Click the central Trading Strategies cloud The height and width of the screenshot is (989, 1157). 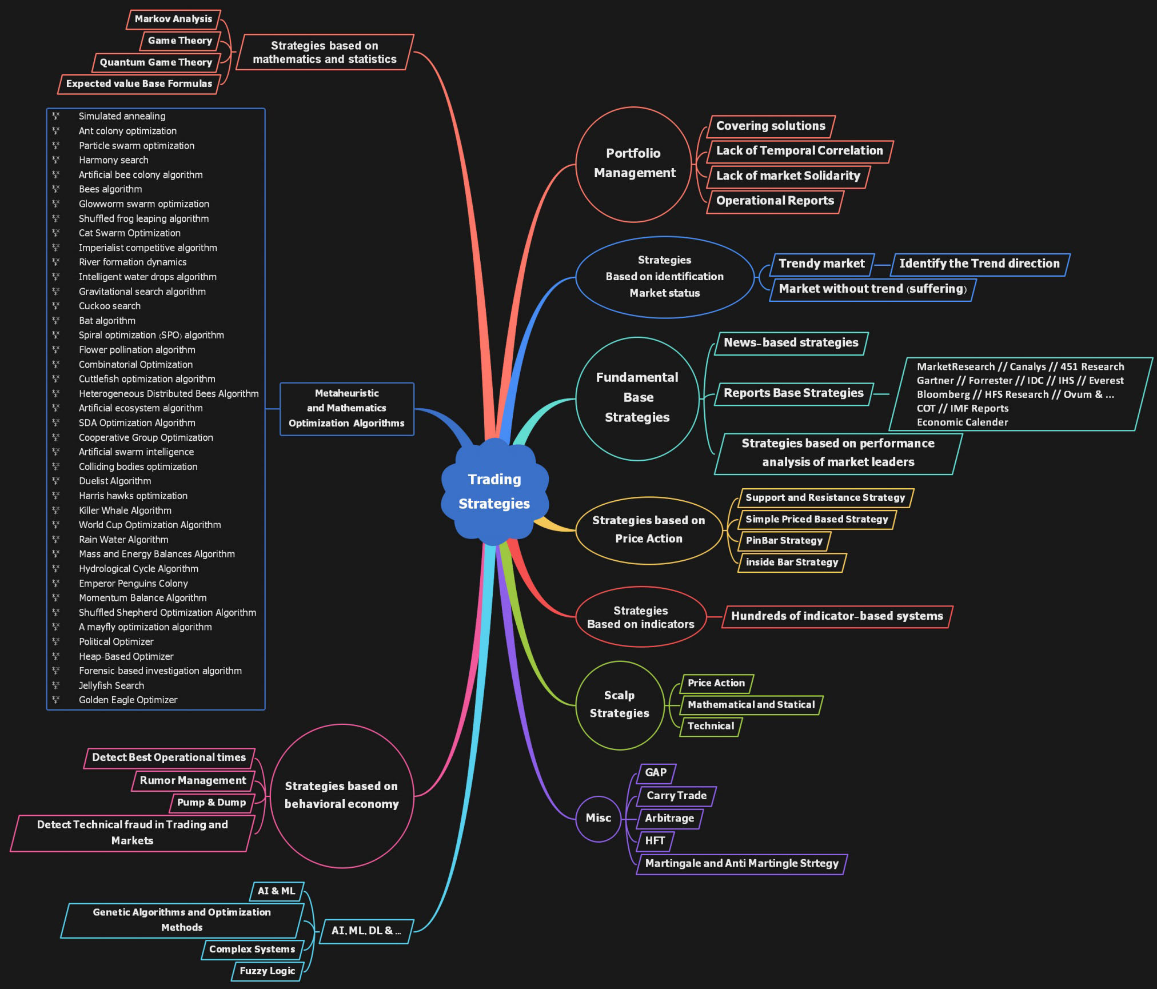click(x=494, y=492)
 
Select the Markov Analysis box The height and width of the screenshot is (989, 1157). click(x=173, y=19)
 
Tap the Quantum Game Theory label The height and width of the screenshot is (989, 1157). click(x=155, y=62)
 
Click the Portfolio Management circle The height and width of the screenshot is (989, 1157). click(x=633, y=163)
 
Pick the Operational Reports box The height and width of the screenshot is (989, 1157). click(x=775, y=201)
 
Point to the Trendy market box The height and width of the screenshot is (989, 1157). click(x=821, y=264)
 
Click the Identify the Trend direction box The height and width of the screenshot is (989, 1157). click(x=979, y=264)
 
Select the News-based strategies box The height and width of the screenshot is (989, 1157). click(x=791, y=342)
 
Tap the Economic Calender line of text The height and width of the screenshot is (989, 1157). click(x=962, y=422)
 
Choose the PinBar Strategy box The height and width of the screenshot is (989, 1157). click(x=784, y=541)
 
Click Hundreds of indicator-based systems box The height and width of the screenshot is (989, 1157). click(x=837, y=616)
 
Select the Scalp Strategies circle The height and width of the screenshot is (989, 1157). click(x=620, y=704)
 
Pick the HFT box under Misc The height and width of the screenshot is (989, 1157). click(x=655, y=841)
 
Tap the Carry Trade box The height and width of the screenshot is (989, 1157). click(x=676, y=796)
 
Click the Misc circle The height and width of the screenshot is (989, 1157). click(x=599, y=818)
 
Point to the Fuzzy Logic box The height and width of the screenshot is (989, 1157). click(x=267, y=971)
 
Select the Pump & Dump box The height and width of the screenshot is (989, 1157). click(x=212, y=803)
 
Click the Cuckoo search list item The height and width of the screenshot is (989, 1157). click(x=110, y=306)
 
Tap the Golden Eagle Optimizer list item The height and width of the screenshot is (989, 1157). click(x=128, y=700)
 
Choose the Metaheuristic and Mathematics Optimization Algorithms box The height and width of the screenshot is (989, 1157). click(x=346, y=408)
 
